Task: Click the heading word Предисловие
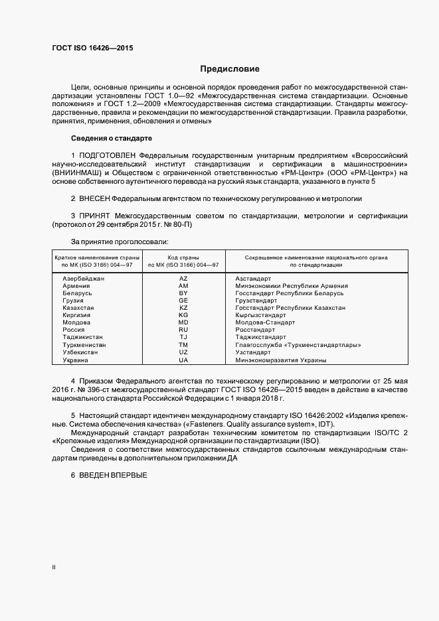pos(230,69)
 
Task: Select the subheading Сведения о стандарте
pos(112,138)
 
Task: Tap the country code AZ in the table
pos(183,279)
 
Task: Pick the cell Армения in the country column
pos(76,286)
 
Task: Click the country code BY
pos(183,293)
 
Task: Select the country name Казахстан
pos(78,308)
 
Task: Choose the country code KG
pos(183,315)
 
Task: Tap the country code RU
pos(183,330)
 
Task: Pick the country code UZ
pos(183,352)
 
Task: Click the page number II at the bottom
pos(54,568)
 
